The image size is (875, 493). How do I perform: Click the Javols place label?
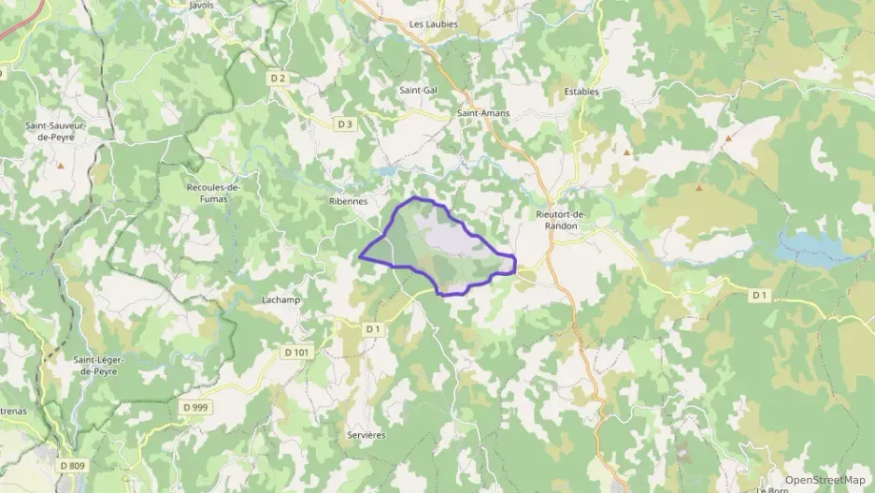pos(201,5)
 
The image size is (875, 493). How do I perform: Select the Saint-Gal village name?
pos(418,90)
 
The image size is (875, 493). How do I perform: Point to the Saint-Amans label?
pos(483,113)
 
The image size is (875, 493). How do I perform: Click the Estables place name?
pos(581,92)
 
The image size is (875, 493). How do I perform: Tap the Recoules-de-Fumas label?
pos(213,193)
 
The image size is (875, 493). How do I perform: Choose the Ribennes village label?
pos(348,201)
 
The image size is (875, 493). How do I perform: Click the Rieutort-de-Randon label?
pos(561,221)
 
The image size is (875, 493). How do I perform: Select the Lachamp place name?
pos(280,299)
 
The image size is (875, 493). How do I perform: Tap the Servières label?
pos(366,436)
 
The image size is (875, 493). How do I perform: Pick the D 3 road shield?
pos(345,123)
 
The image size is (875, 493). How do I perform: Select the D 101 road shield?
pos(294,352)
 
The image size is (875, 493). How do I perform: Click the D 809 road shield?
pos(71,465)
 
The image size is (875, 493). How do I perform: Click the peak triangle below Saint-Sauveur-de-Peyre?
pos(61,167)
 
